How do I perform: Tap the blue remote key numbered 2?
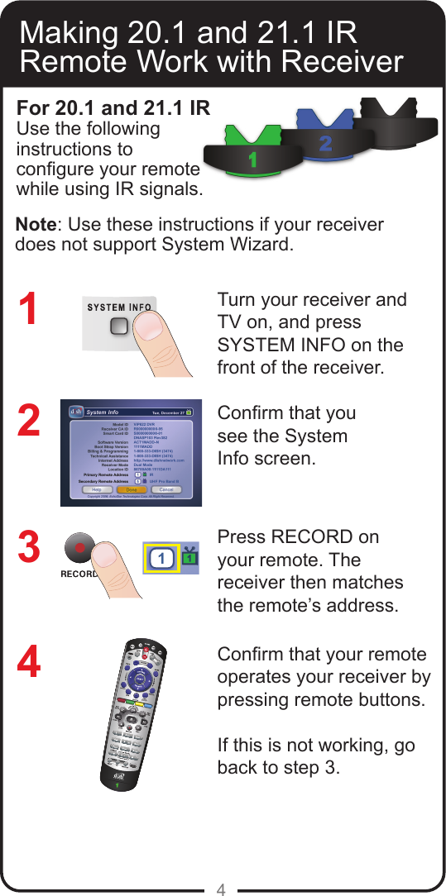point(325,143)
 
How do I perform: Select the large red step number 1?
point(30,309)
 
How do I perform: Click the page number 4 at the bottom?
point(221,889)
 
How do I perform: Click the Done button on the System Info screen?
point(131,489)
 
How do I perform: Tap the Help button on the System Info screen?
point(97,489)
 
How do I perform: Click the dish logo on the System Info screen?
point(75,412)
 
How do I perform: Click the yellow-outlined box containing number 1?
point(163,559)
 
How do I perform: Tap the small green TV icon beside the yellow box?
point(191,558)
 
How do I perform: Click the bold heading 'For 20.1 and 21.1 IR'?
point(113,108)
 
